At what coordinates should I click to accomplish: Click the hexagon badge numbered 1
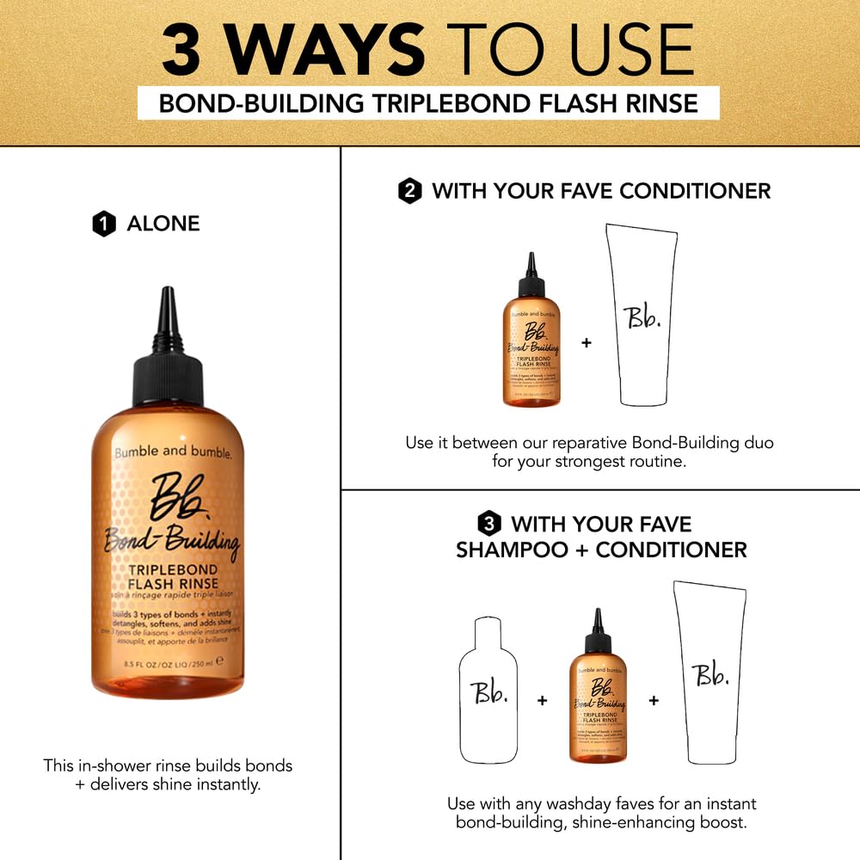tap(103, 224)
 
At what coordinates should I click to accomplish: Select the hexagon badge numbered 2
tap(409, 191)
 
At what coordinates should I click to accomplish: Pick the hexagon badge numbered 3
tap(488, 524)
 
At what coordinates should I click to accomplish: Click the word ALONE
tap(163, 224)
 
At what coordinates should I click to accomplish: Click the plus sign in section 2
tap(587, 343)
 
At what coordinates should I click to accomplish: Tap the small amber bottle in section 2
tap(531, 340)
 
